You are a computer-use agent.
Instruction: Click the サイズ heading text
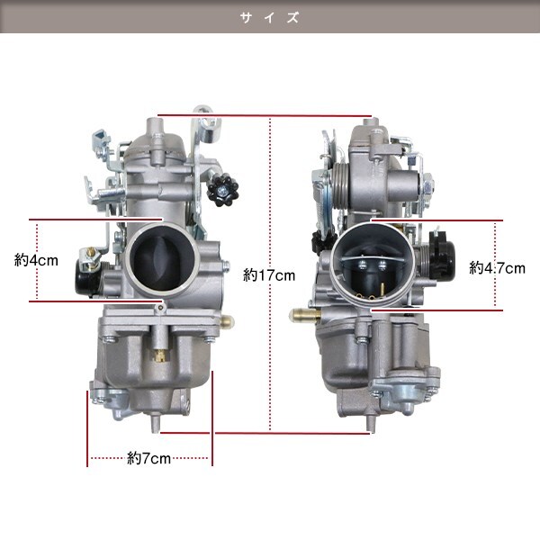click(270, 17)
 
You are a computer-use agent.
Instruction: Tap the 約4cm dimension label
click(36, 260)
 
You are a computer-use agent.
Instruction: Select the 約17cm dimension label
click(269, 275)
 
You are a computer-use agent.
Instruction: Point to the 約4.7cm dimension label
click(498, 268)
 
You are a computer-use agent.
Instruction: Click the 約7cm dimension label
click(148, 458)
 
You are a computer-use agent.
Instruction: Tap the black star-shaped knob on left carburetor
click(223, 190)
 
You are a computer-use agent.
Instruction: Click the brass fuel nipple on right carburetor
click(304, 314)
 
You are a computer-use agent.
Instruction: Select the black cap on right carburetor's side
click(443, 254)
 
